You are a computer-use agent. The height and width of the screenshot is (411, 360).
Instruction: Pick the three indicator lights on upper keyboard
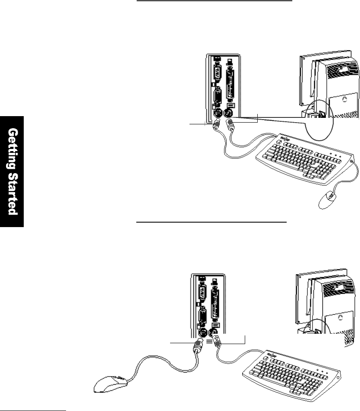tap(335, 154)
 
